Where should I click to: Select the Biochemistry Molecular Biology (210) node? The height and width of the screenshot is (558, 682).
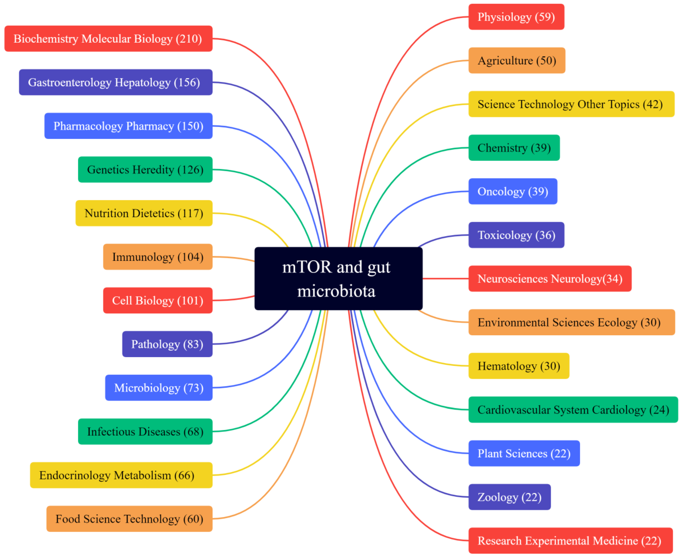pyautogui.click(x=108, y=39)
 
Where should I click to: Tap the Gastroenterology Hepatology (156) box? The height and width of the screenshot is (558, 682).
pyautogui.click(x=115, y=82)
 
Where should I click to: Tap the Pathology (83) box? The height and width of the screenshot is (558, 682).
pyautogui.click(x=167, y=344)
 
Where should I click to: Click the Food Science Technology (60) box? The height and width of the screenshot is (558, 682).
pyautogui.click(x=129, y=519)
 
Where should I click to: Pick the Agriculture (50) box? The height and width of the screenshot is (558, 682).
pyautogui.click(x=517, y=60)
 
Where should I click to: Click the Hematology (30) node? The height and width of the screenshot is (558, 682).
pyautogui.click(x=519, y=366)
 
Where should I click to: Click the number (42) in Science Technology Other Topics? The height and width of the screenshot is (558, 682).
pyautogui.click(x=652, y=104)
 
